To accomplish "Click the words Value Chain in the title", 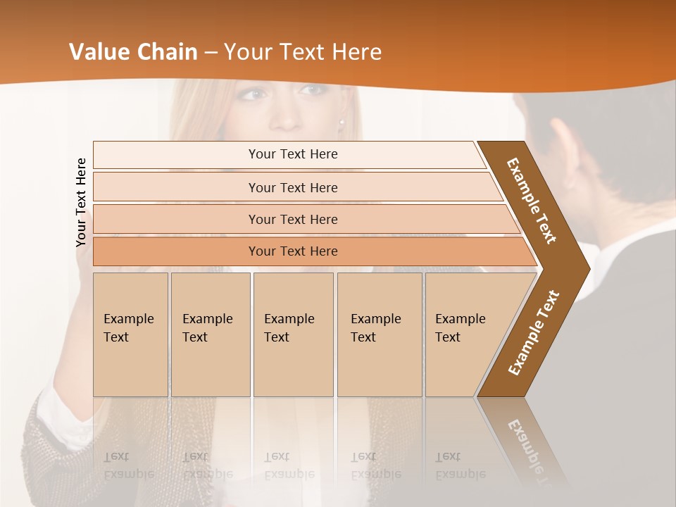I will [x=133, y=52].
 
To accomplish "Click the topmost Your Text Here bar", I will [x=292, y=154].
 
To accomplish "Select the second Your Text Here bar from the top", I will [x=292, y=187].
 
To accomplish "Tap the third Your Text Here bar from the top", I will [x=292, y=219].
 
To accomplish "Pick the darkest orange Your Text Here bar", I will [x=292, y=251].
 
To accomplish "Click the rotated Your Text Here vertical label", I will [x=82, y=202].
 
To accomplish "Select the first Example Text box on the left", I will [x=130, y=334].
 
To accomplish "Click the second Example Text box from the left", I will [x=210, y=334].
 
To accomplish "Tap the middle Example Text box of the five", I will [x=293, y=334].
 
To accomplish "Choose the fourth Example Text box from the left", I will [x=379, y=334].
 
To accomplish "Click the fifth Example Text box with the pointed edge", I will [x=465, y=334].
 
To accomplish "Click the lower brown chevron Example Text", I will [x=534, y=332].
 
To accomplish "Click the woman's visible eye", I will [x=255, y=94].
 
